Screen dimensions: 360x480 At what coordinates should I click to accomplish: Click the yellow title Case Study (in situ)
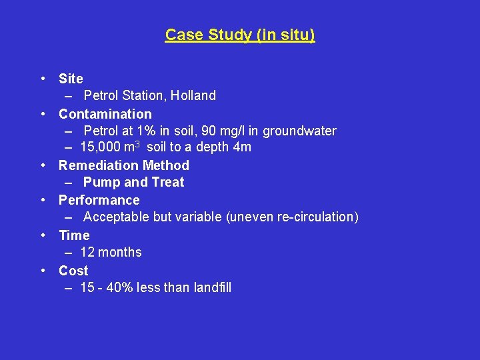(240, 35)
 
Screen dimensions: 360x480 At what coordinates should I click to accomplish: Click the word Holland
(193, 95)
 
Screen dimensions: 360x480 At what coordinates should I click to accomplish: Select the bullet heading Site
(71, 79)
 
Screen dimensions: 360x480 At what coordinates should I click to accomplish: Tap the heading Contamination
(105, 114)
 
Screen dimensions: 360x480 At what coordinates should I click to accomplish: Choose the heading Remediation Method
(124, 165)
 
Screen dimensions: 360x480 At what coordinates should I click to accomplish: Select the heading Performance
(99, 200)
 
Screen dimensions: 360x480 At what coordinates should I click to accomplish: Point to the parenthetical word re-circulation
(318, 217)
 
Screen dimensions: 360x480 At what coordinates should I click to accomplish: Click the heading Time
(74, 235)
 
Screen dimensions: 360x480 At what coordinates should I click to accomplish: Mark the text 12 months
(111, 252)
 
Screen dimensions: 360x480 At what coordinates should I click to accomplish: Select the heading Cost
(73, 271)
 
